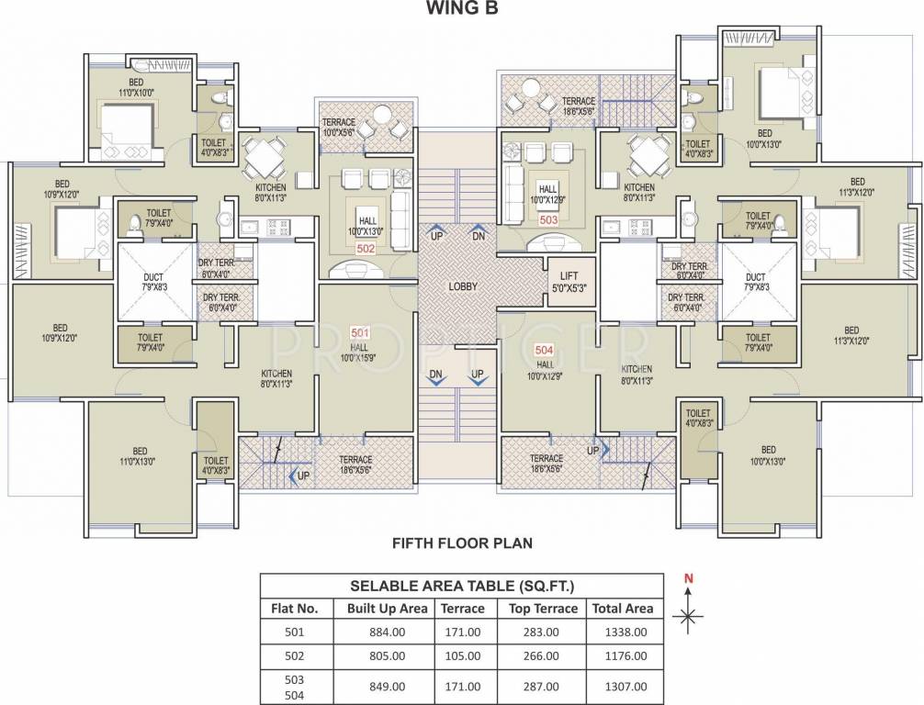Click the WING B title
[462, 10]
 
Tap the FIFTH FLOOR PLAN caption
[462, 543]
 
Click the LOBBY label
[462, 286]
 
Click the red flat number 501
[360, 332]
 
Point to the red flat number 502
[365, 248]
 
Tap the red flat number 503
[548, 220]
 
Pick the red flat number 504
[545, 350]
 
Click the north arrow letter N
[687, 578]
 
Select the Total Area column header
[623, 608]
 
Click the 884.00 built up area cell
[387, 632]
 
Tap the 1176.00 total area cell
[623, 655]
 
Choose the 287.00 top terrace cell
[543, 686]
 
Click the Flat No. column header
[294, 608]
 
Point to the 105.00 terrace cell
[462, 655]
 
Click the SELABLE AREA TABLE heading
[461, 586]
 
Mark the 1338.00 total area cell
[623, 632]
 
